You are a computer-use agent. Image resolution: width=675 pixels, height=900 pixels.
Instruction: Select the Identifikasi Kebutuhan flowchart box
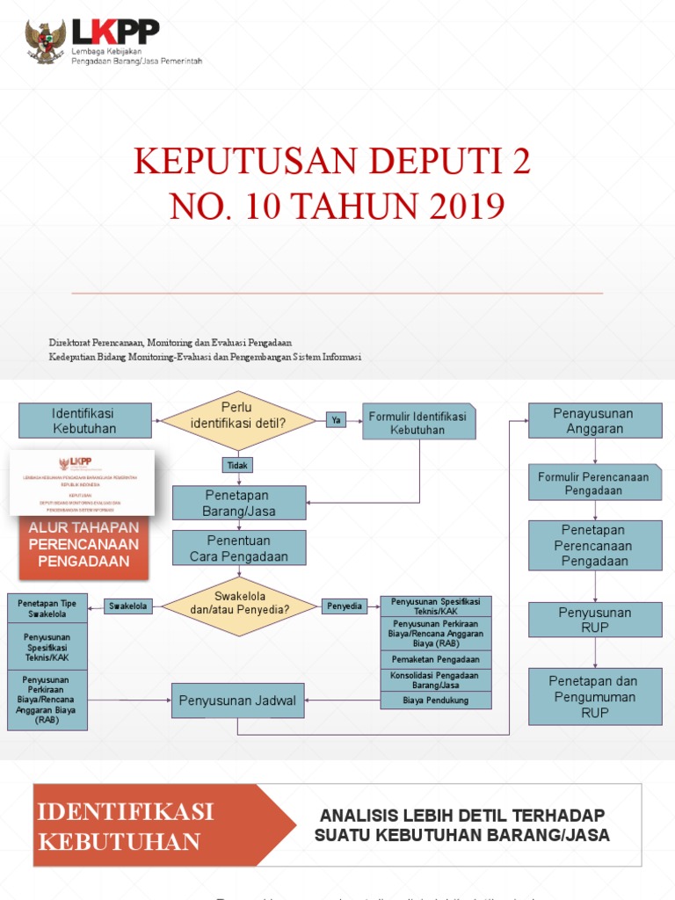pyautogui.click(x=84, y=421)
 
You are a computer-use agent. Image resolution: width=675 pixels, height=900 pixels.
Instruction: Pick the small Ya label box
pyautogui.click(x=335, y=420)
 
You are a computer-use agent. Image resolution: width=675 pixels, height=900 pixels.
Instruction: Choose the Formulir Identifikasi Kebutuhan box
pyautogui.click(x=418, y=423)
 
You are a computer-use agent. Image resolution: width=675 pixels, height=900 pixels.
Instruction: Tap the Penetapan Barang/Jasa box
pyautogui.click(x=239, y=503)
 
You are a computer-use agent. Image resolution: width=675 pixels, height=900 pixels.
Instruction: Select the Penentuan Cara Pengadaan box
pyautogui.click(x=239, y=548)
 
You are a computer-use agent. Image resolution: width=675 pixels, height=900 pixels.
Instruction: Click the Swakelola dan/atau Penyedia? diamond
pyautogui.click(x=239, y=606)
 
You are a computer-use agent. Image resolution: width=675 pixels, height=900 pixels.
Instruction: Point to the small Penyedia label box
pyautogui.click(x=345, y=606)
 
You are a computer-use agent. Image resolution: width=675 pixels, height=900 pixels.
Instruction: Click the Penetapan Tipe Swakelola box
pyautogui.click(x=47, y=609)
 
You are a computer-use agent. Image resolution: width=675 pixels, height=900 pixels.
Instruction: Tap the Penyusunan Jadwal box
pyautogui.click(x=237, y=700)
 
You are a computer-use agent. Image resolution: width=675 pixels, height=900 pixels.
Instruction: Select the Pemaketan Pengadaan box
pyautogui.click(x=436, y=659)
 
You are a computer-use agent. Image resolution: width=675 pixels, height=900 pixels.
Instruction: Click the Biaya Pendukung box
pyautogui.click(x=436, y=700)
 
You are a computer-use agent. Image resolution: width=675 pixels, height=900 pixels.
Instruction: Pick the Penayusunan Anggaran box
pyautogui.click(x=595, y=421)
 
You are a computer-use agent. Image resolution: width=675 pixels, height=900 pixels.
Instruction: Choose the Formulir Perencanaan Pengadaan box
pyautogui.click(x=595, y=483)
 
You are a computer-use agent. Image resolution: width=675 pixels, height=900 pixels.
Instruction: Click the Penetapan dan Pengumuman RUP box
pyautogui.click(x=595, y=696)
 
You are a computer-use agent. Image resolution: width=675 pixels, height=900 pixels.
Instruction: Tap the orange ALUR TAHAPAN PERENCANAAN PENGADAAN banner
pyautogui.click(x=83, y=545)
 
